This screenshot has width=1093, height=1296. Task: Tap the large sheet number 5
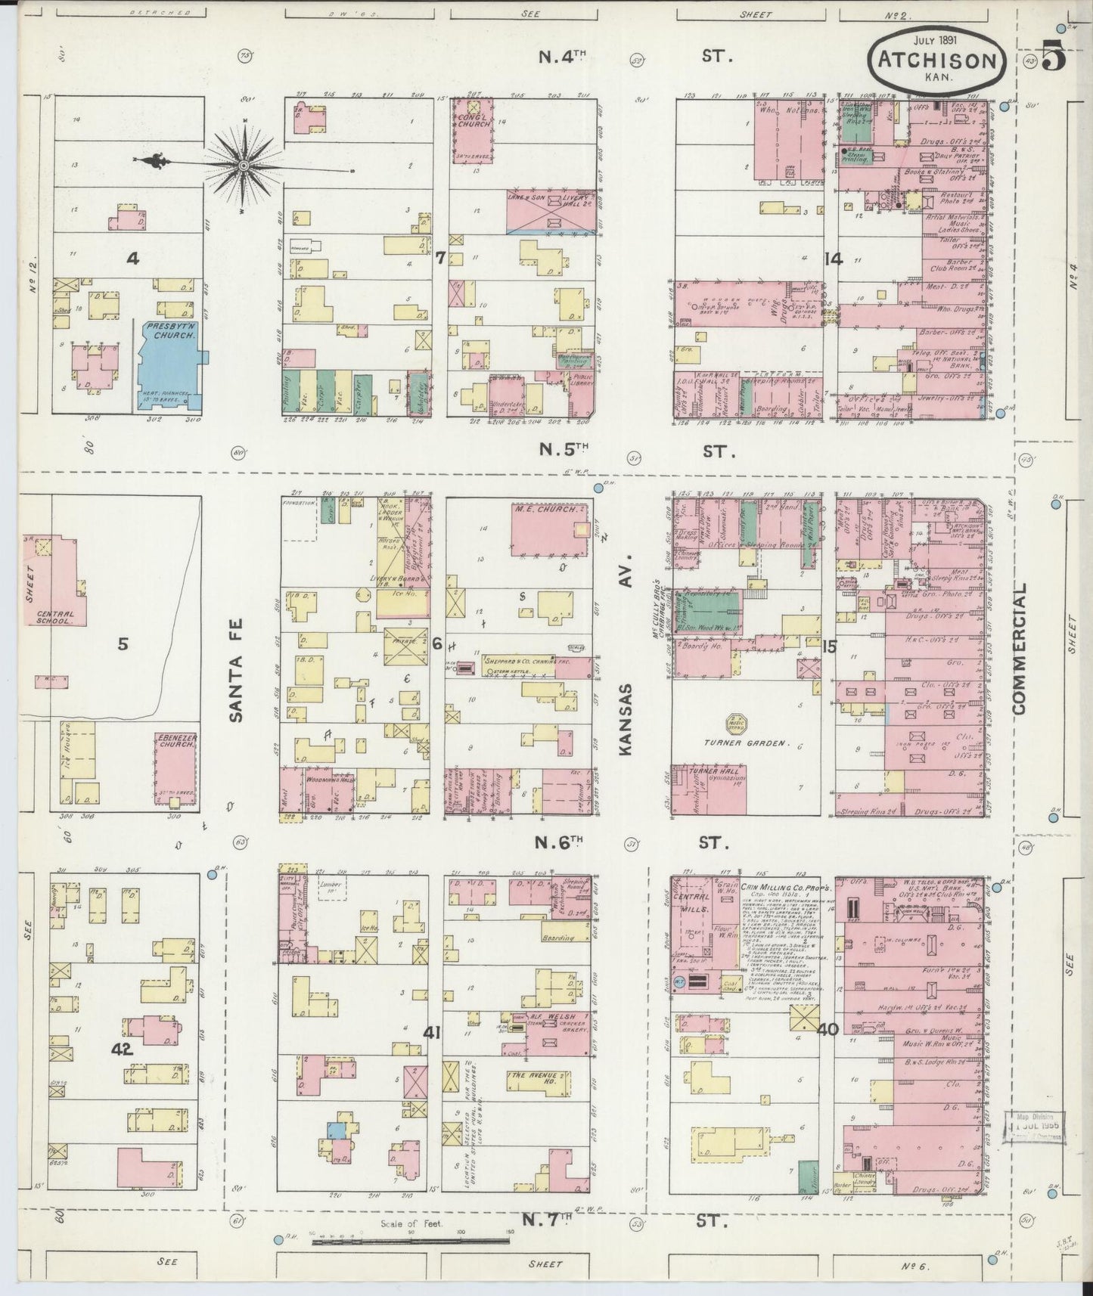[x=1053, y=57]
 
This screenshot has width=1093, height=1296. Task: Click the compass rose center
[x=244, y=165]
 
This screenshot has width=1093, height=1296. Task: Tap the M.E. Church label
[x=538, y=508]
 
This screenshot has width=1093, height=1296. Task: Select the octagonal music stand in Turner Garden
[x=737, y=724]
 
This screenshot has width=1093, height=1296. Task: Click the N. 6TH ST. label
[x=635, y=841]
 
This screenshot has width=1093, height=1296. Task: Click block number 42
[x=122, y=1049]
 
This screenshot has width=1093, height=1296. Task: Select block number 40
[x=828, y=1028]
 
